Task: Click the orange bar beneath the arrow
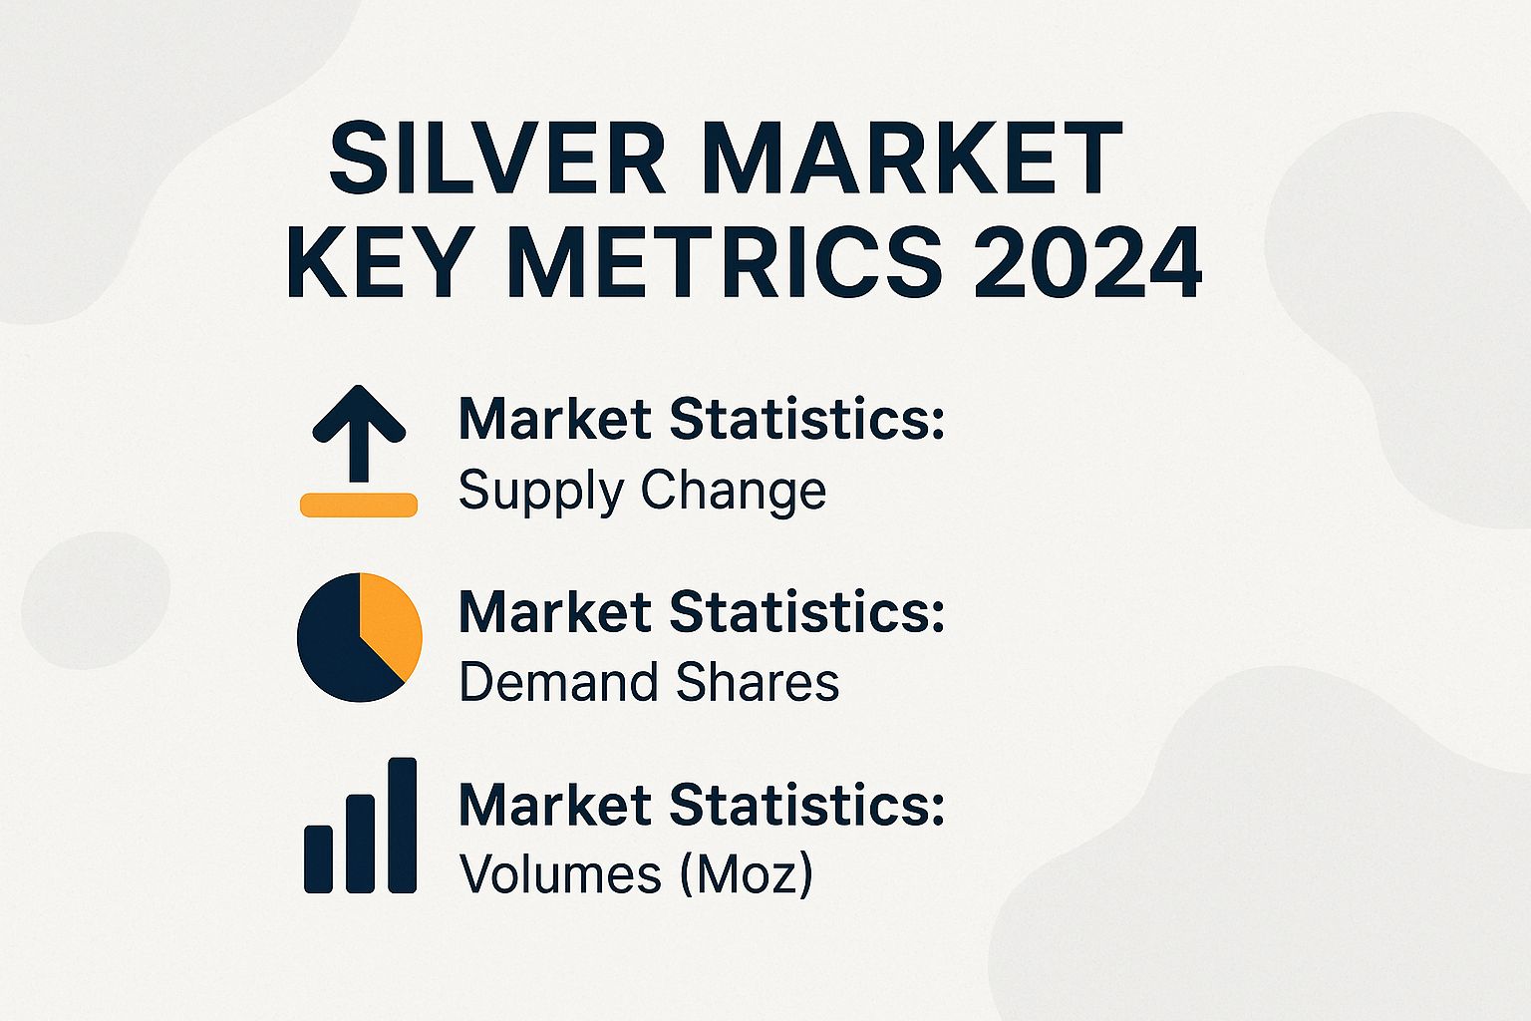click(x=359, y=505)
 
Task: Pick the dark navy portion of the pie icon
click(x=334, y=648)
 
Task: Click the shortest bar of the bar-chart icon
click(x=318, y=858)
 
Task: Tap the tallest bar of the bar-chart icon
click(x=403, y=825)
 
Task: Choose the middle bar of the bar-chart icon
click(x=360, y=843)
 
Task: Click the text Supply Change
click(x=642, y=491)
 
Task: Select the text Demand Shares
click(x=649, y=683)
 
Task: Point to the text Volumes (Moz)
click(x=636, y=874)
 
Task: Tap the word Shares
click(x=758, y=683)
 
